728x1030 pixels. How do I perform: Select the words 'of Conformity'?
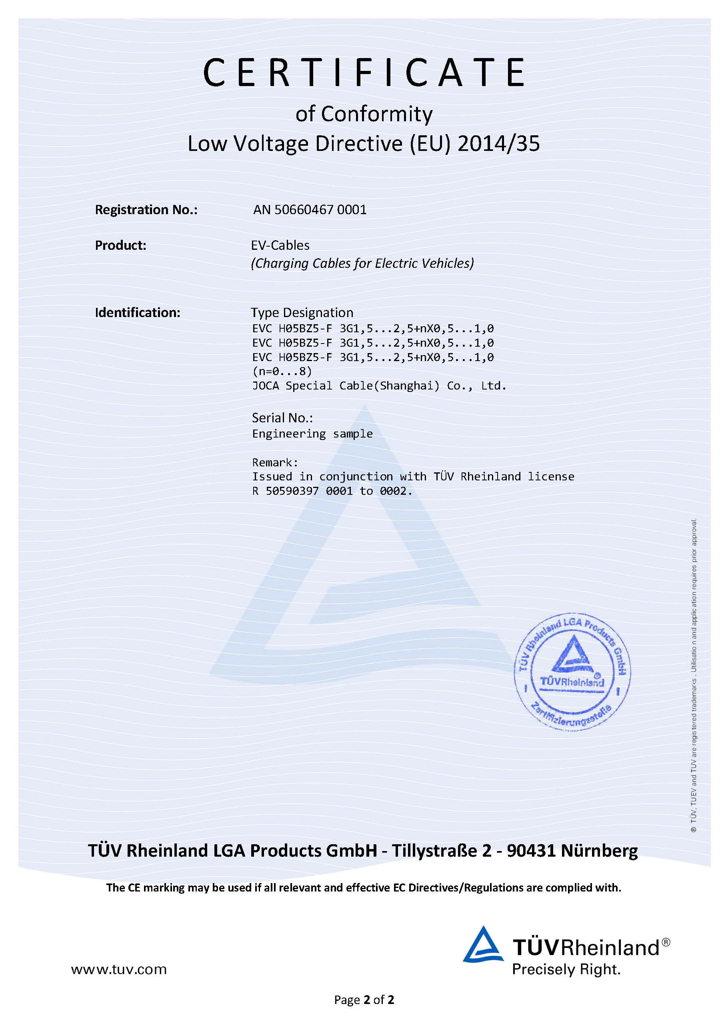pos(364,114)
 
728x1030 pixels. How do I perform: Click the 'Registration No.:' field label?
pos(146,210)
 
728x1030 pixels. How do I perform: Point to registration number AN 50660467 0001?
pos(310,210)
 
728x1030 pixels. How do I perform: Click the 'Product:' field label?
pos(120,245)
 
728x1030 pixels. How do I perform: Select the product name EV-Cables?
pos(280,245)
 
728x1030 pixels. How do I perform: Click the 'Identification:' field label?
pos(138,313)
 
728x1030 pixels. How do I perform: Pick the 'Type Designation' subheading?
pos(302,313)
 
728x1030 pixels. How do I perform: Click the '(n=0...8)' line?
pos(282,371)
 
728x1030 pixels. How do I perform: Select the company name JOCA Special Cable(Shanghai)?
pos(346,386)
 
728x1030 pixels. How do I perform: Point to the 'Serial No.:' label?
pos(282,418)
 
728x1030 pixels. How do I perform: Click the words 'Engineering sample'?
pos(312,434)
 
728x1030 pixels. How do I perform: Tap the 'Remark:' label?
pos(275,462)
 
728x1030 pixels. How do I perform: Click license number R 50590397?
pos(286,491)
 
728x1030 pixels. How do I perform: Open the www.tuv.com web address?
pos(119,970)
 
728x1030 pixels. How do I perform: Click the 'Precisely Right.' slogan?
pos(566,970)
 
